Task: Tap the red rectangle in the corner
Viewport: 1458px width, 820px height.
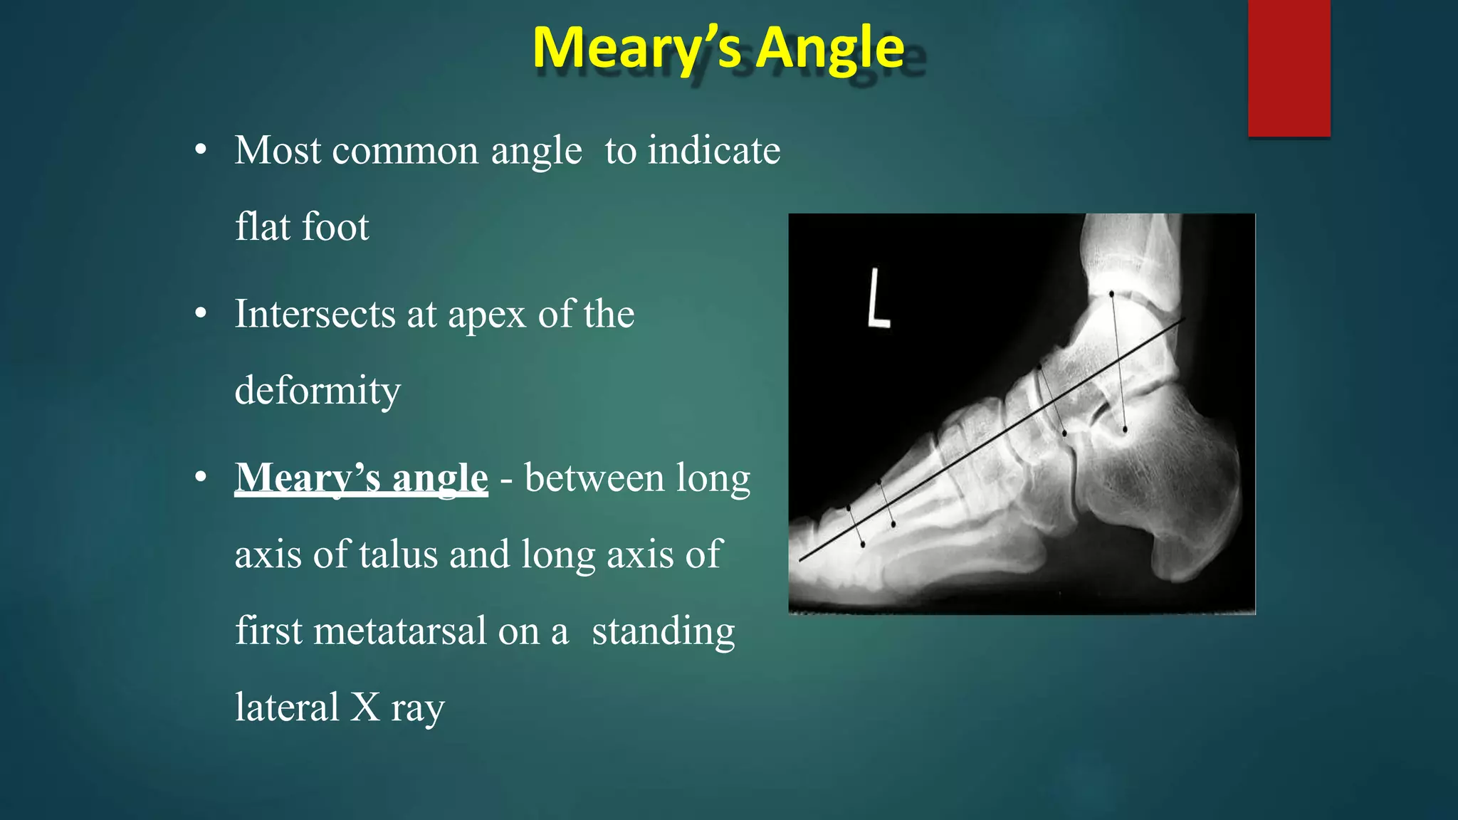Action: (x=1289, y=68)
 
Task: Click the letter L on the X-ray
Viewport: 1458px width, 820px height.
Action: (x=879, y=298)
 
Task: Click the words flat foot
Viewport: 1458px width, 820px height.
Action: (x=302, y=227)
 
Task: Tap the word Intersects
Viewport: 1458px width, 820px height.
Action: (x=314, y=314)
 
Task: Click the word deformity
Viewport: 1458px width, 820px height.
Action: (x=318, y=391)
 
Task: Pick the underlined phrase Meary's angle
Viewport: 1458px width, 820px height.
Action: (x=361, y=478)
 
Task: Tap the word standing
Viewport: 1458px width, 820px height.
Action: (x=663, y=631)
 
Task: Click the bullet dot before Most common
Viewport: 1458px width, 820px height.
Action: (x=201, y=151)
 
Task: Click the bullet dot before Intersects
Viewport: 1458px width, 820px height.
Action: (x=201, y=314)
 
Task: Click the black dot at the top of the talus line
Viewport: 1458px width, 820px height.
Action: (x=1111, y=293)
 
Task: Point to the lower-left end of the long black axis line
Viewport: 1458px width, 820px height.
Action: (x=801, y=560)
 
